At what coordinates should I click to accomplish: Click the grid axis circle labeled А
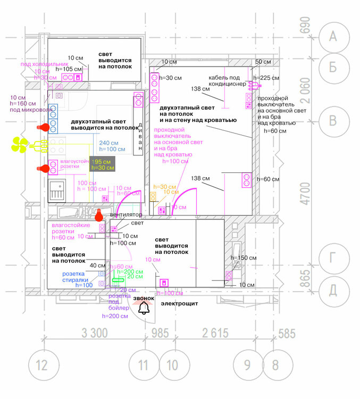(x=333, y=36)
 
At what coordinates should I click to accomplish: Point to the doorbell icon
(x=143, y=309)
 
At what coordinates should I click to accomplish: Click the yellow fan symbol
(x=20, y=144)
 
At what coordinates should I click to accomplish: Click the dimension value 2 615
(x=215, y=333)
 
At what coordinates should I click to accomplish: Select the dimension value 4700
(x=305, y=194)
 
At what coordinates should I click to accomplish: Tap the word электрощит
(x=180, y=304)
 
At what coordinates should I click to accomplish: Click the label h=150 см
(x=244, y=257)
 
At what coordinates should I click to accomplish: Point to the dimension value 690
(x=305, y=25)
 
